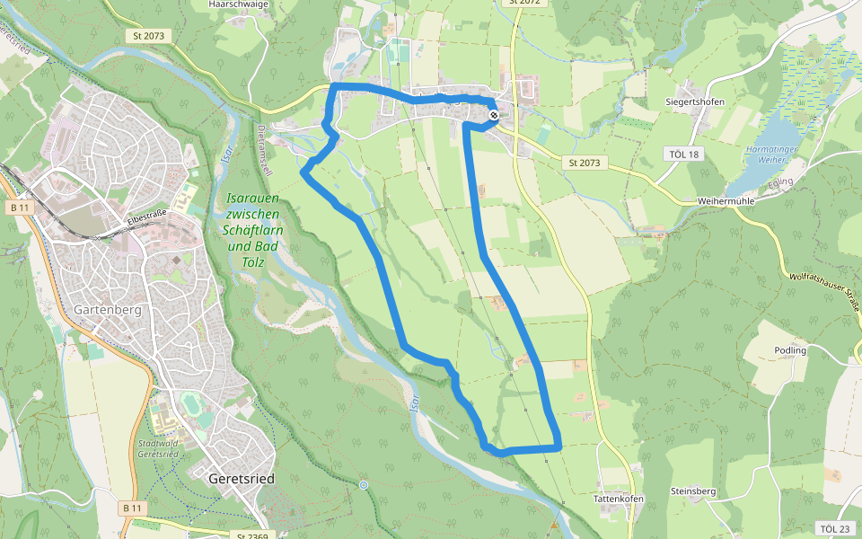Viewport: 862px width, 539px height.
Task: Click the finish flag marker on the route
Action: tap(494, 115)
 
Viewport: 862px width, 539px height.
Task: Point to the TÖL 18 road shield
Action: tap(683, 154)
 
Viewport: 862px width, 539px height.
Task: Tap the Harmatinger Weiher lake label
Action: tap(766, 155)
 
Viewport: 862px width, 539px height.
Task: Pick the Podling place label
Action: tap(789, 350)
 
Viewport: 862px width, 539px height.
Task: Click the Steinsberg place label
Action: tap(693, 491)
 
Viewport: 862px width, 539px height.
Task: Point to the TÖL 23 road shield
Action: tap(834, 528)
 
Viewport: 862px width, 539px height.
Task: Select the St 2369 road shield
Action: tap(253, 535)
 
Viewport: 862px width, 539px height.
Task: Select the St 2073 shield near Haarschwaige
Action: tap(148, 35)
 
